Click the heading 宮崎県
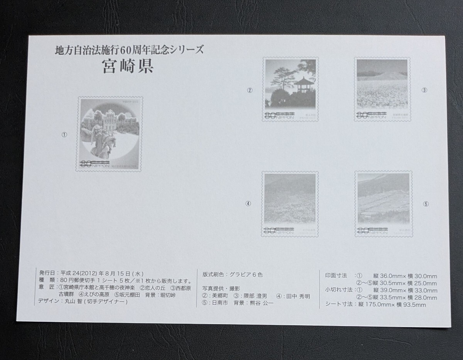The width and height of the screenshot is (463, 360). point(128,66)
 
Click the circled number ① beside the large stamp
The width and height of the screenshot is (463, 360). point(64,135)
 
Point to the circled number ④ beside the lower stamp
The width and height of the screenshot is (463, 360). point(248,204)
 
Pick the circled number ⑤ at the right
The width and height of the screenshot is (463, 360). point(426,204)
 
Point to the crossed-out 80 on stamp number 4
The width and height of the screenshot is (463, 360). point(269,231)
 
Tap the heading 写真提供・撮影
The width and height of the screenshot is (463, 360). point(221,288)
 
